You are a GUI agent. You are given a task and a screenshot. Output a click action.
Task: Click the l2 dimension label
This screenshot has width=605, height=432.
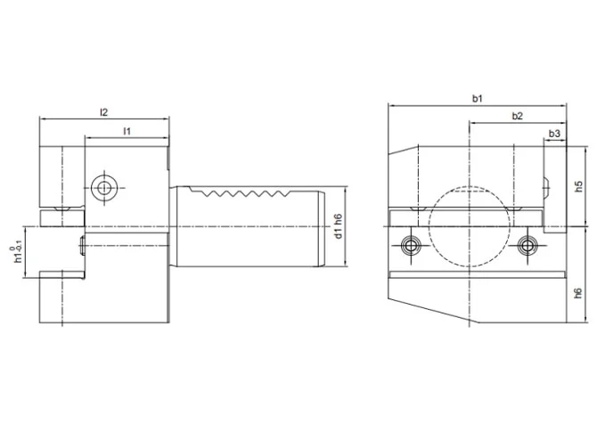tap(103, 112)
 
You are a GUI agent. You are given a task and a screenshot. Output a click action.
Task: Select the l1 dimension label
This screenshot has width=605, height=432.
tap(127, 131)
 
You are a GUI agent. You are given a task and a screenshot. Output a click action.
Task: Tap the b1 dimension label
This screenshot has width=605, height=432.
tap(478, 98)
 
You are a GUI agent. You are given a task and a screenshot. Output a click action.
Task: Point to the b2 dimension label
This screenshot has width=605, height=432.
tap(517, 116)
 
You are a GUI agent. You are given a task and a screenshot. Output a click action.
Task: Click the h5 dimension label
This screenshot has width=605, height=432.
tap(578, 189)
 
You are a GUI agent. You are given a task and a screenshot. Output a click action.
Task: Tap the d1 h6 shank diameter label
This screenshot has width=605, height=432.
tap(338, 228)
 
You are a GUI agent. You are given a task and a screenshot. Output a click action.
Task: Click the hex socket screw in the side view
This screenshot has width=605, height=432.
tap(105, 187)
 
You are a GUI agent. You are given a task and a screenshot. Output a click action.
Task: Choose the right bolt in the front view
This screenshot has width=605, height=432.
tap(527, 244)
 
